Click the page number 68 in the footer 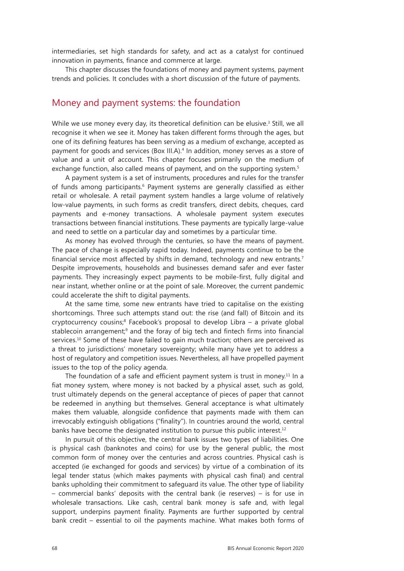tap(55, 548)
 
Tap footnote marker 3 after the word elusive tap(269, 122)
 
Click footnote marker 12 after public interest tap(284, 429)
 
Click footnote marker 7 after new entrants tap(303, 257)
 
